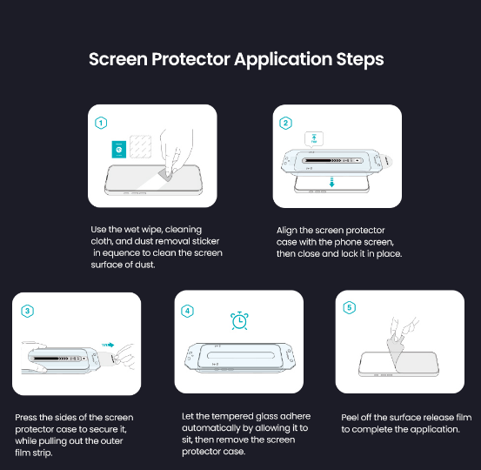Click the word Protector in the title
click(x=190, y=59)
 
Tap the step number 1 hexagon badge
click(x=101, y=123)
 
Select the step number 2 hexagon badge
click(x=285, y=123)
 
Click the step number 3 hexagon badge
click(x=27, y=311)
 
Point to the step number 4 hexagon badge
click(x=187, y=311)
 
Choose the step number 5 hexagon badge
click(x=349, y=307)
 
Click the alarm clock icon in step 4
click(x=239, y=321)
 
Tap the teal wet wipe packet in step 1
click(x=119, y=150)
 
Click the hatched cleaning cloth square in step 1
click(x=141, y=147)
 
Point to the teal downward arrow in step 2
click(x=331, y=182)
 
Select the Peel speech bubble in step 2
click(x=314, y=139)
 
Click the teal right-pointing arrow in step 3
click(x=108, y=345)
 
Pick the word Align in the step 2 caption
click(x=286, y=231)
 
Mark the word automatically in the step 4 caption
click(x=210, y=428)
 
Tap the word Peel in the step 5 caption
click(x=350, y=418)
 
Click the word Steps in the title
click(x=360, y=59)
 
